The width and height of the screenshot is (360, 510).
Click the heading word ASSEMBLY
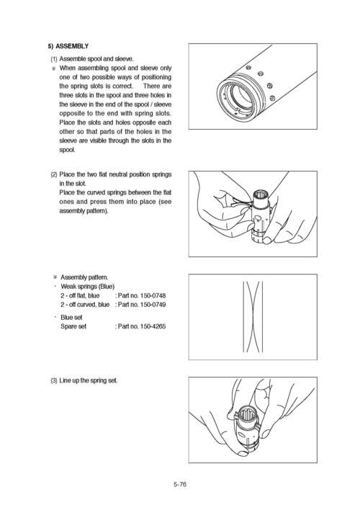(x=73, y=45)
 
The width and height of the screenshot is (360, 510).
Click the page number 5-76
(x=180, y=485)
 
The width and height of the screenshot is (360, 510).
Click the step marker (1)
(x=54, y=58)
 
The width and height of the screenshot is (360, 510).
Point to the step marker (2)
(x=54, y=174)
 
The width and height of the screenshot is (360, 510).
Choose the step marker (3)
(x=54, y=380)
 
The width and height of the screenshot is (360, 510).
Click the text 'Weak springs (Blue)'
(x=87, y=286)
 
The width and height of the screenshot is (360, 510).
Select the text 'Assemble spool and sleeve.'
(x=96, y=58)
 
